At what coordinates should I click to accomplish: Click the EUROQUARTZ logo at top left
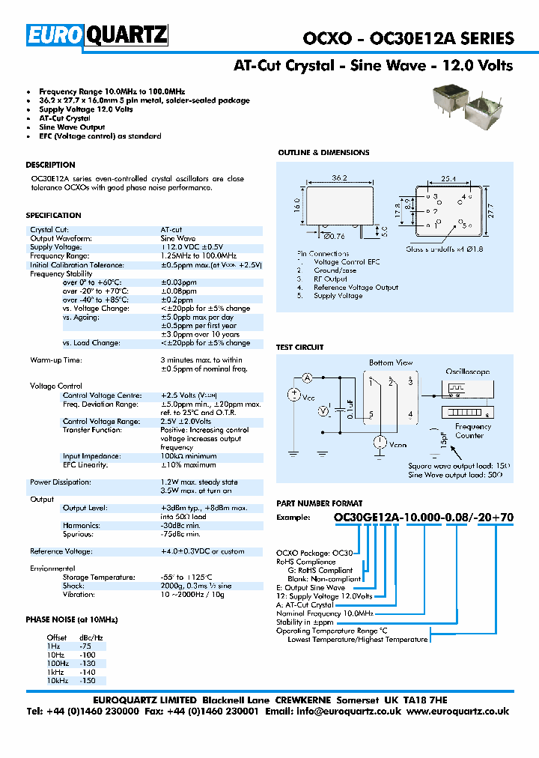pos(98,35)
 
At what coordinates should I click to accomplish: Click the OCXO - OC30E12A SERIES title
pos(408,38)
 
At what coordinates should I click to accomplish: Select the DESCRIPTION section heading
pos(50,165)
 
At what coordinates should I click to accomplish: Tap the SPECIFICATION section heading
pos(53,216)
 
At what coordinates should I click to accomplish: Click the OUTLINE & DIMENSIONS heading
pos(323,153)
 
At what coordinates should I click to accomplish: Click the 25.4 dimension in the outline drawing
pos(448,179)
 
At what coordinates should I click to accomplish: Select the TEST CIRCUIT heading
pos(300,348)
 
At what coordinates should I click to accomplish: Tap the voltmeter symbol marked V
pos(323,410)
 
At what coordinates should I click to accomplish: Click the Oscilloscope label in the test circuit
pos(468,372)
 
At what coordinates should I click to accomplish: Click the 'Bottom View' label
pos(391,363)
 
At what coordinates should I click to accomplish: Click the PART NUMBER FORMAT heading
pos(320,504)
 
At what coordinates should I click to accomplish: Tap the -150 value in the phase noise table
pos(87,681)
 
